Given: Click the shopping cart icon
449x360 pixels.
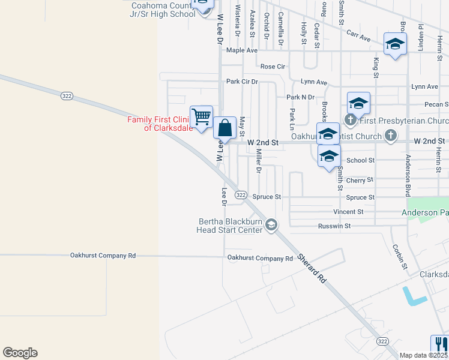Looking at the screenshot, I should [201, 116].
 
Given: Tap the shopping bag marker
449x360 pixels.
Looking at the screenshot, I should [224, 128].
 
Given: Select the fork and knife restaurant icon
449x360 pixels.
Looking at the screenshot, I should [439, 344].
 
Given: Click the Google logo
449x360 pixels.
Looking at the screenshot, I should [20, 353].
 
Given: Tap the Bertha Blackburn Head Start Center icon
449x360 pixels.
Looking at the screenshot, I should [271, 225].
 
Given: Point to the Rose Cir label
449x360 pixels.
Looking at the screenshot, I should [271, 66].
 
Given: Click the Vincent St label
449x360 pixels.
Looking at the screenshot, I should [348, 212].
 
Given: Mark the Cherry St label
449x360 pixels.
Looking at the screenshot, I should [360, 179].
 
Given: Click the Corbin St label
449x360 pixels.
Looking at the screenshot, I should [397, 256].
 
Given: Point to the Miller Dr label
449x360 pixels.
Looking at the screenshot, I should [259, 161].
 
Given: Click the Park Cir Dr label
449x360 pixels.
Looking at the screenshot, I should [242, 81].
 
